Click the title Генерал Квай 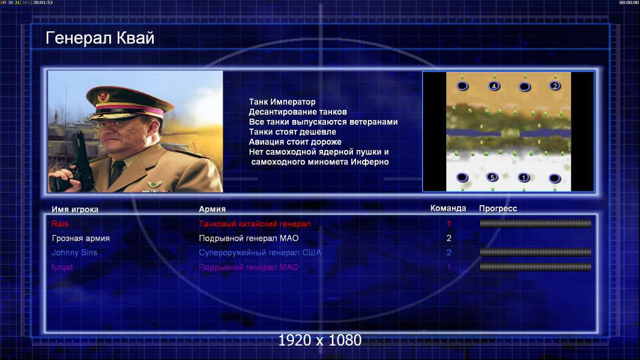tap(100, 38)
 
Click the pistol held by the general tap(80, 163)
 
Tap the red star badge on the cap tap(103, 96)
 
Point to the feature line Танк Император tap(282, 102)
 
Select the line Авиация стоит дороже tap(295, 142)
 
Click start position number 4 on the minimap tap(494, 86)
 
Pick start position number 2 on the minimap tap(555, 86)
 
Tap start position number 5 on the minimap tap(492, 178)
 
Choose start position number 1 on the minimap tap(524, 178)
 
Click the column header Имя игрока tap(74, 209)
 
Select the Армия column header tap(213, 209)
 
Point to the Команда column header tap(448, 208)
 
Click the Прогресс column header tap(498, 209)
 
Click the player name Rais tap(60, 224)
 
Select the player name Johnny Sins tap(74, 253)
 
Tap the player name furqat tap(62, 268)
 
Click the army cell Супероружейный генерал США tap(260, 253)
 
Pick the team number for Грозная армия tap(448, 238)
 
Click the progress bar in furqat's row tap(536, 267)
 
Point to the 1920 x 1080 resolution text tap(319, 340)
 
